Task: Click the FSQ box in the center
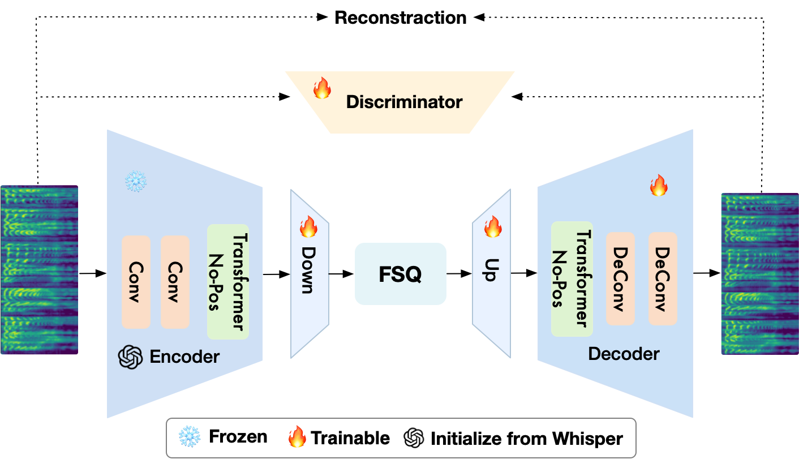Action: pos(400,274)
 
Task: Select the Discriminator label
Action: pos(404,102)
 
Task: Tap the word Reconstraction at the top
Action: pos(400,18)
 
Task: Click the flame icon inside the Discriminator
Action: pos(322,89)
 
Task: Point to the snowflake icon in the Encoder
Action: pos(135,182)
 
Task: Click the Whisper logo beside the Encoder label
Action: pos(130,357)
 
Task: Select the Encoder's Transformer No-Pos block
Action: pos(227,281)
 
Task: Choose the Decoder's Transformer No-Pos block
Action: pos(572,278)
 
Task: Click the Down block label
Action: pos(307,270)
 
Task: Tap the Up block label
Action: pos(490,271)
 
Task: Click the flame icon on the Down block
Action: pos(308,226)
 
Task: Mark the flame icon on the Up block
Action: pos(492,226)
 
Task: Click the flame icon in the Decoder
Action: pos(658,186)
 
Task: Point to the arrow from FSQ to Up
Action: pos(459,274)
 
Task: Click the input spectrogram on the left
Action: pos(39,270)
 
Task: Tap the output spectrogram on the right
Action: pos(760,274)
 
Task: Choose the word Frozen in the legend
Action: pos(238,437)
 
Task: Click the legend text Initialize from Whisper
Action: pos(526,438)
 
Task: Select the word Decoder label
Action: pos(624,354)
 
